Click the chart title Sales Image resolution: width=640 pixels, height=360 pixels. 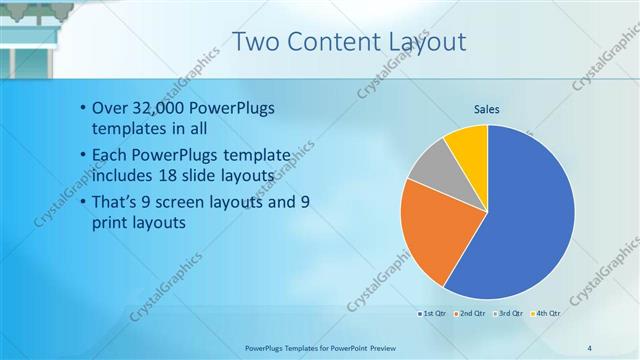tap(487, 109)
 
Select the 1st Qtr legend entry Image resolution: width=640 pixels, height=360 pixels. tap(433, 314)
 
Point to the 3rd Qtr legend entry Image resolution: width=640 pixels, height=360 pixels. tap(509, 314)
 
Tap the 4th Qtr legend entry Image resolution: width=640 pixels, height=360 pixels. tap(546, 314)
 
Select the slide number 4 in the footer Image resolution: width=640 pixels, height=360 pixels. tap(589, 347)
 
